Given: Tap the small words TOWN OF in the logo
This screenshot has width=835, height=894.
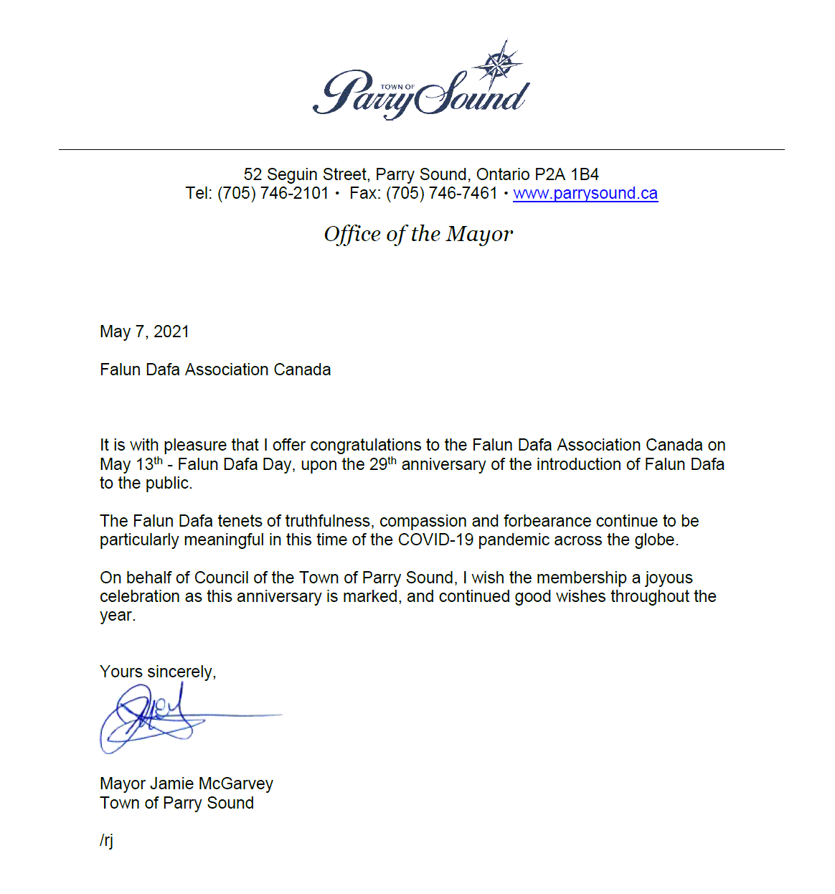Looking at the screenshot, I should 397,87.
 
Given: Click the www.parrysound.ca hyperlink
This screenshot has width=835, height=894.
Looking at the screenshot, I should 585,194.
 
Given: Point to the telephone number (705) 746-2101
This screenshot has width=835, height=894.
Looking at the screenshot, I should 273,194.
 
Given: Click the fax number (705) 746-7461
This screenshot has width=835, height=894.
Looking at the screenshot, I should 441,194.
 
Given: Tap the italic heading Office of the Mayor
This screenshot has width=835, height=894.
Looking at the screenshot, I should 418,234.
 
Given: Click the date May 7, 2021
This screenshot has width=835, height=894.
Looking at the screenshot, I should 144,331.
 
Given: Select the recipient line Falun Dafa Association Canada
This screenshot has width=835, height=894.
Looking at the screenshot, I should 215,370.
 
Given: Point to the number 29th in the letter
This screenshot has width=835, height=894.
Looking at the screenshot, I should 382,464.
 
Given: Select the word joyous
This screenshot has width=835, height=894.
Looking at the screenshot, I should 669,578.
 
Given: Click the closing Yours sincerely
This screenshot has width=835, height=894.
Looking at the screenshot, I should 158,672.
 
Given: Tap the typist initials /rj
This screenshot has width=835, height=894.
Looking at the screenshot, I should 107,840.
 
